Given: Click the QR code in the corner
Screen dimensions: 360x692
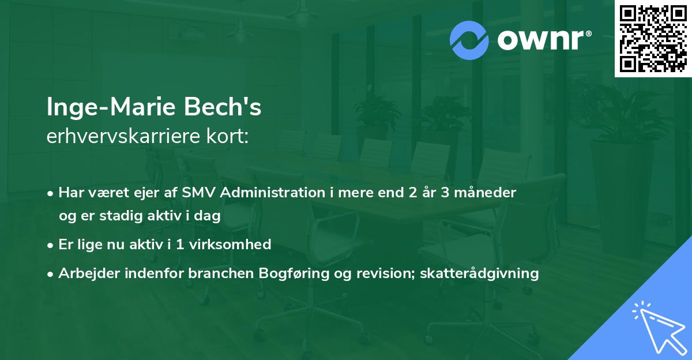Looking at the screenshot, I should tap(653, 38).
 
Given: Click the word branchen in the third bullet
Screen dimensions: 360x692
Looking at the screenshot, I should tap(216, 273).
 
